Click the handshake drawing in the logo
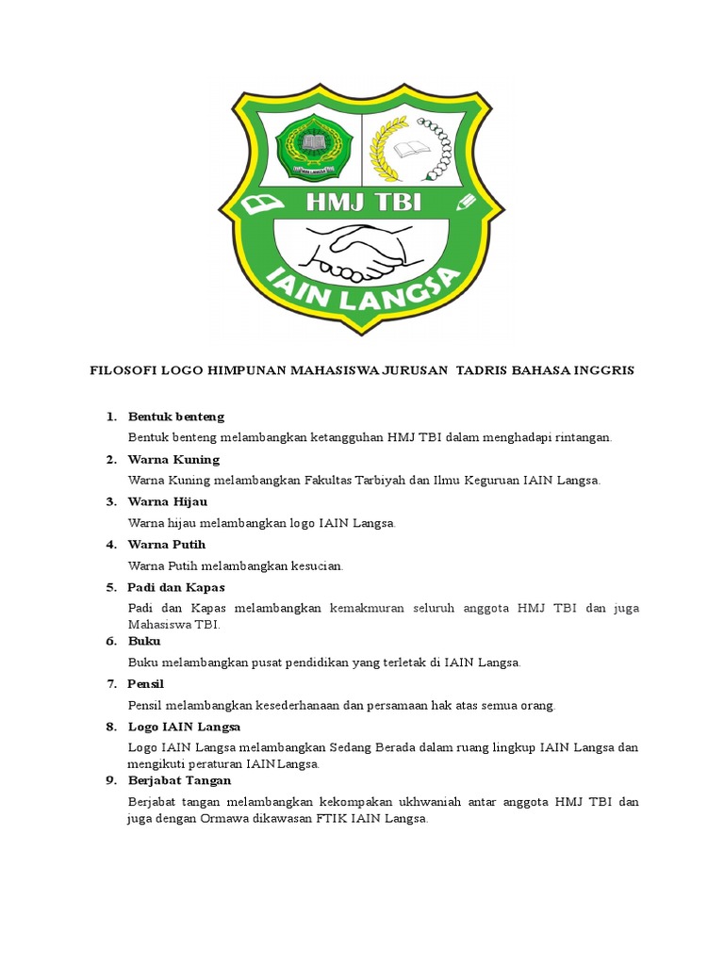(356, 250)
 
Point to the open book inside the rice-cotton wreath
(412, 150)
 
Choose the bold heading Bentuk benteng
(176, 417)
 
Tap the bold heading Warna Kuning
(173, 459)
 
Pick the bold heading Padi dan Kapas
(176, 587)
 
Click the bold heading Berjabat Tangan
(179, 780)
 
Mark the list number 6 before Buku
(110, 641)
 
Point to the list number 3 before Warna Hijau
(110, 501)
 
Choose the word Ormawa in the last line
(222, 819)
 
